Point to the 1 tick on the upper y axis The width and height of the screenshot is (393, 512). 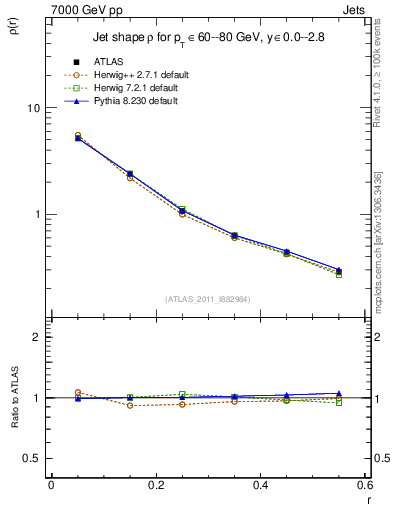pyautogui.click(x=37, y=214)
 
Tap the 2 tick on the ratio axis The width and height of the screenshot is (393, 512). pyautogui.click(x=37, y=337)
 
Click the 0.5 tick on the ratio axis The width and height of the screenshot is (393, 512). pyautogui.click(x=33, y=458)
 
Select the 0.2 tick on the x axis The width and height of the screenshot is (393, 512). pyautogui.click(x=155, y=486)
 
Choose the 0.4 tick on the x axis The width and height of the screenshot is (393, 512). pyautogui.click(x=260, y=486)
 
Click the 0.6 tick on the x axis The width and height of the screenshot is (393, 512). pyautogui.click(x=364, y=486)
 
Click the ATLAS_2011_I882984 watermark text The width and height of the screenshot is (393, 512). pyautogui.click(x=208, y=299)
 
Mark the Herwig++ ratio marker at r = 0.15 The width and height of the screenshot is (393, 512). pyautogui.click(x=130, y=405)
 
